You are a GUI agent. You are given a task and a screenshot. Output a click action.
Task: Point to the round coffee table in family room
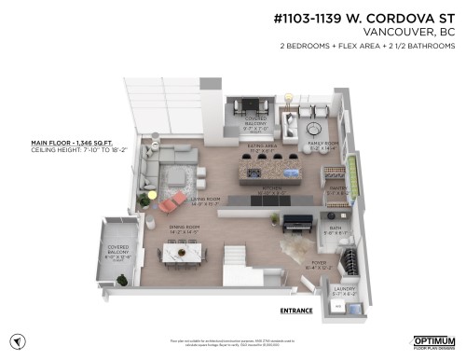tap(313, 127)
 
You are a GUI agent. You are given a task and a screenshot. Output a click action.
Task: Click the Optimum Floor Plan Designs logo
tap(433, 341)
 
